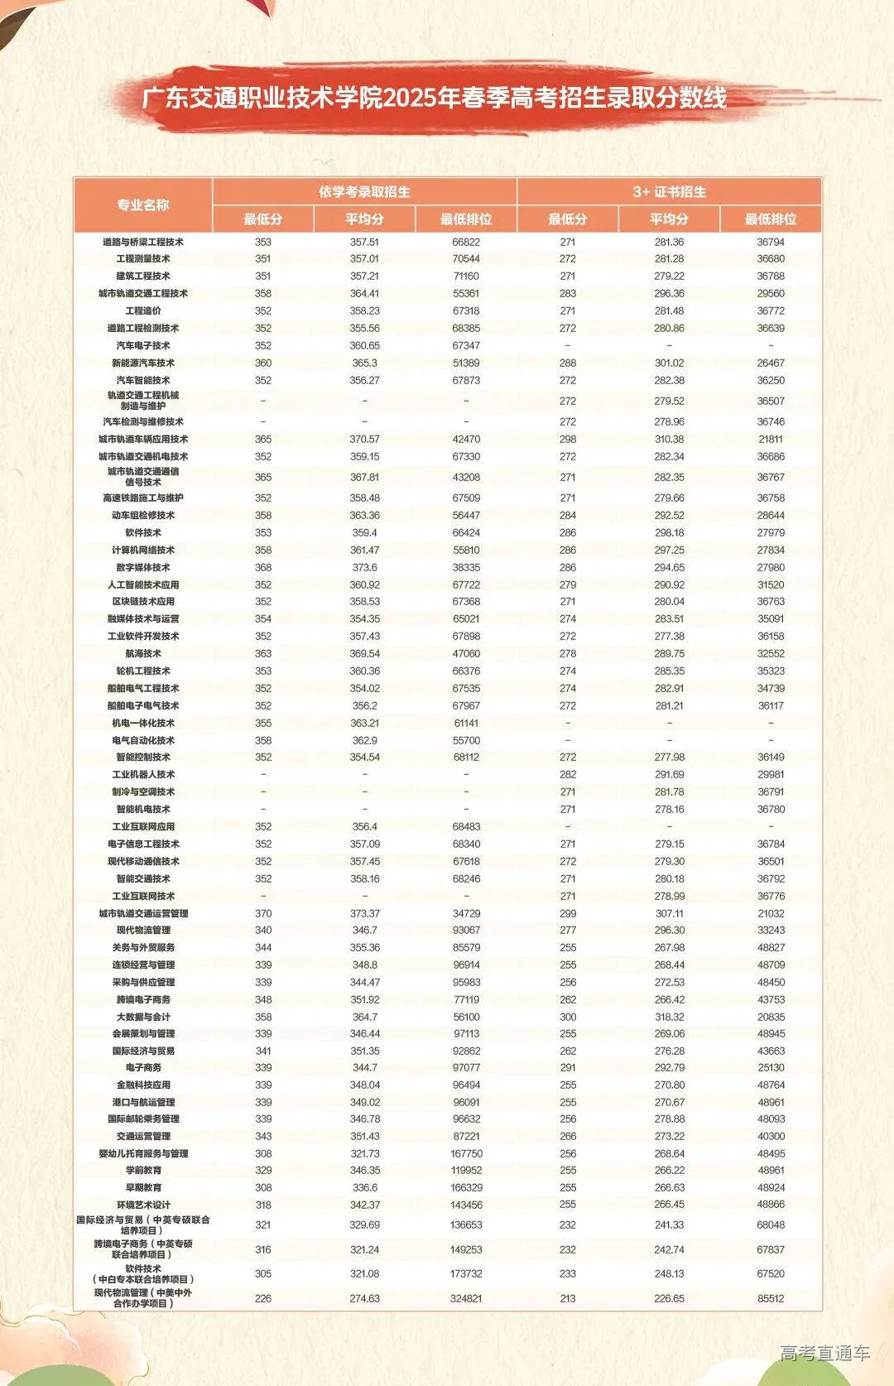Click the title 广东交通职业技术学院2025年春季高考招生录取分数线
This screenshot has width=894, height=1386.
(x=435, y=99)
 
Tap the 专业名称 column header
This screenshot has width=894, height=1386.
(x=143, y=205)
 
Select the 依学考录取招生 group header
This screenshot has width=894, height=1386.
(x=364, y=192)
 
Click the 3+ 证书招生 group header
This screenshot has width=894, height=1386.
(x=669, y=192)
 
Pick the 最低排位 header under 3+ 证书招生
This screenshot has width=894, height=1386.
(x=770, y=219)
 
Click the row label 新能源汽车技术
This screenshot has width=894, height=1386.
(x=143, y=363)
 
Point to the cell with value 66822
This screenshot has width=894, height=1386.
(x=466, y=243)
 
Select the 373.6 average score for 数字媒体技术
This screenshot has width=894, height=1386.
(x=364, y=567)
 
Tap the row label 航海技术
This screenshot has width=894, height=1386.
(x=143, y=653)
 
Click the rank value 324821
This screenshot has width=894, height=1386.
(x=466, y=1298)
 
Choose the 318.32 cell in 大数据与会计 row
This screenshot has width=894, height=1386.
(x=669, y=1017)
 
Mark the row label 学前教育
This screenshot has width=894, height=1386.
(x=143, y=1170)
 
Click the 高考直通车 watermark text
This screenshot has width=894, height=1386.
(x=824, y=1353)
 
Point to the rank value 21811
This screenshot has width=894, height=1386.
(x=770, y=439)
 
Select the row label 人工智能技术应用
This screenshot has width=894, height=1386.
(x=143, y=585)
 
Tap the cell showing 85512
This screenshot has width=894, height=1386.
(x=770, y=1298)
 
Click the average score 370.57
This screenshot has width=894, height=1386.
(x=364, y=439)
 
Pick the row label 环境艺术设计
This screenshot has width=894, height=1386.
(x=143, y=1205)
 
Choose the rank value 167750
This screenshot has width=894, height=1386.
(x=466, y=1153)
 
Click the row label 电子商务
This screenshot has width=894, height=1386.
(x=143, y=1067)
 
